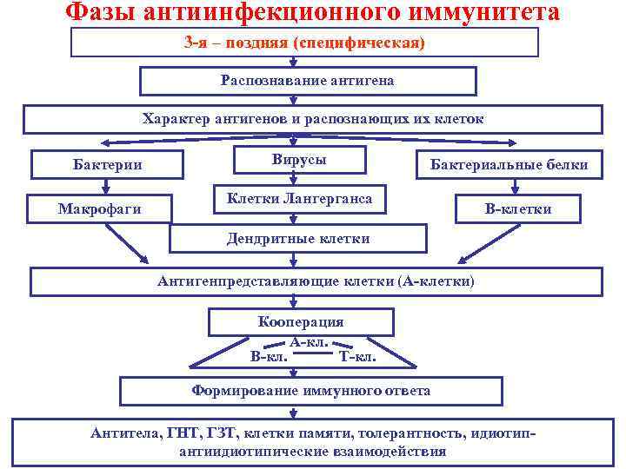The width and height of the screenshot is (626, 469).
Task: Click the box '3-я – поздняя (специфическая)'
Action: (304, 42)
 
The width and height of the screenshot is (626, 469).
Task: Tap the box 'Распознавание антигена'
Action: (308, 81)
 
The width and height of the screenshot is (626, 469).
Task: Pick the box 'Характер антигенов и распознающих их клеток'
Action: (313, 119)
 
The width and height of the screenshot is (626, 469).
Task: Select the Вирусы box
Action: (299, 161)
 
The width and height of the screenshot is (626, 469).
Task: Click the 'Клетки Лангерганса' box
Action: (299, 200)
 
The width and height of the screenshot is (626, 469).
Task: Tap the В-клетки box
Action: (518, 208)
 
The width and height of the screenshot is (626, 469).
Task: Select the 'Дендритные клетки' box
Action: (298, 238)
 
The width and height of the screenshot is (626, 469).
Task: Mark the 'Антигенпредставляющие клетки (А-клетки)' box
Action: (316, 281)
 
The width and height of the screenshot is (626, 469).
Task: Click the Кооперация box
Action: (301, 322)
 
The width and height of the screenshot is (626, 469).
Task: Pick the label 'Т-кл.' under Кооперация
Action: (357, 355)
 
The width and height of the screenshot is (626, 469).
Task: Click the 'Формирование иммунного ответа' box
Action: (310, 391)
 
